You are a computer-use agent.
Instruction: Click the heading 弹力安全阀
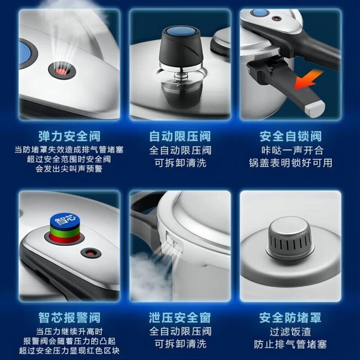(69, 136)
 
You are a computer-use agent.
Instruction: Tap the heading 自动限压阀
(180, 136)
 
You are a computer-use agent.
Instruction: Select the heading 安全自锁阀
(291, 136)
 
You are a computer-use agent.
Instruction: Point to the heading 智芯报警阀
(69, 318)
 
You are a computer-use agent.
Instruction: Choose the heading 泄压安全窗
(180, 318)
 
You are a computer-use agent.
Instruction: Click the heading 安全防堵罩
(290, 318)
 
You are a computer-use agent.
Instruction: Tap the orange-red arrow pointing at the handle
(308, 79)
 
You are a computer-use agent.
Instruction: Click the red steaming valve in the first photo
(62, 71)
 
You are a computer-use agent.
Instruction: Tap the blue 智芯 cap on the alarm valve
(64, 220)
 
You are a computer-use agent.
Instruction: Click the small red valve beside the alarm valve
(91, 253)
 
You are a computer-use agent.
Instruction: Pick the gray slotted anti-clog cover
(290, 238)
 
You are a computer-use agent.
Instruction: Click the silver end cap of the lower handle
(314, 109)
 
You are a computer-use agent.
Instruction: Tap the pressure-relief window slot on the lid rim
(174, 241)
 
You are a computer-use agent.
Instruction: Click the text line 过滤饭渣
(290, 332)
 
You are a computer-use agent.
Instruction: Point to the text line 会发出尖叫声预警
(69, 169)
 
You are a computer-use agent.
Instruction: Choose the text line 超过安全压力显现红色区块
(69, 350)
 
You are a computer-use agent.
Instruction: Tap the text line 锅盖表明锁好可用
(291, 163)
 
